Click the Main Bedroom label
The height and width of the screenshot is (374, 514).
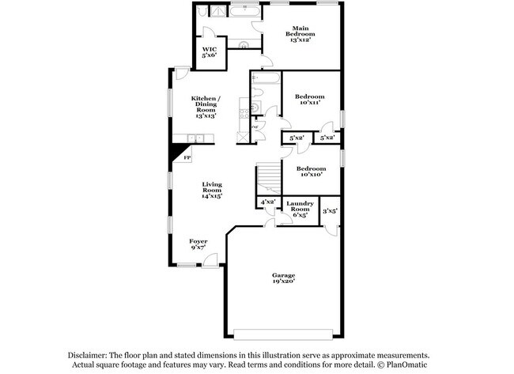point(301,34)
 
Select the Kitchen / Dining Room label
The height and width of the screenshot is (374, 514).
point(206,106)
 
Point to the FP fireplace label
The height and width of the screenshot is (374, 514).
point(187,158)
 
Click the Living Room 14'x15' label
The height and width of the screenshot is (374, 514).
point(211,189)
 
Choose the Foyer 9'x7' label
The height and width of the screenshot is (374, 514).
point(198,244)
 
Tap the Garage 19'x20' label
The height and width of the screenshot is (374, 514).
point(285,278)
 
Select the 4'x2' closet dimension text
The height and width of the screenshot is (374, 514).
point(267,202)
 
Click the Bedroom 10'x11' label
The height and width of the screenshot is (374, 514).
point(310,100)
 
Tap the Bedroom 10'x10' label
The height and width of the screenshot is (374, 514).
point(311,172)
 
